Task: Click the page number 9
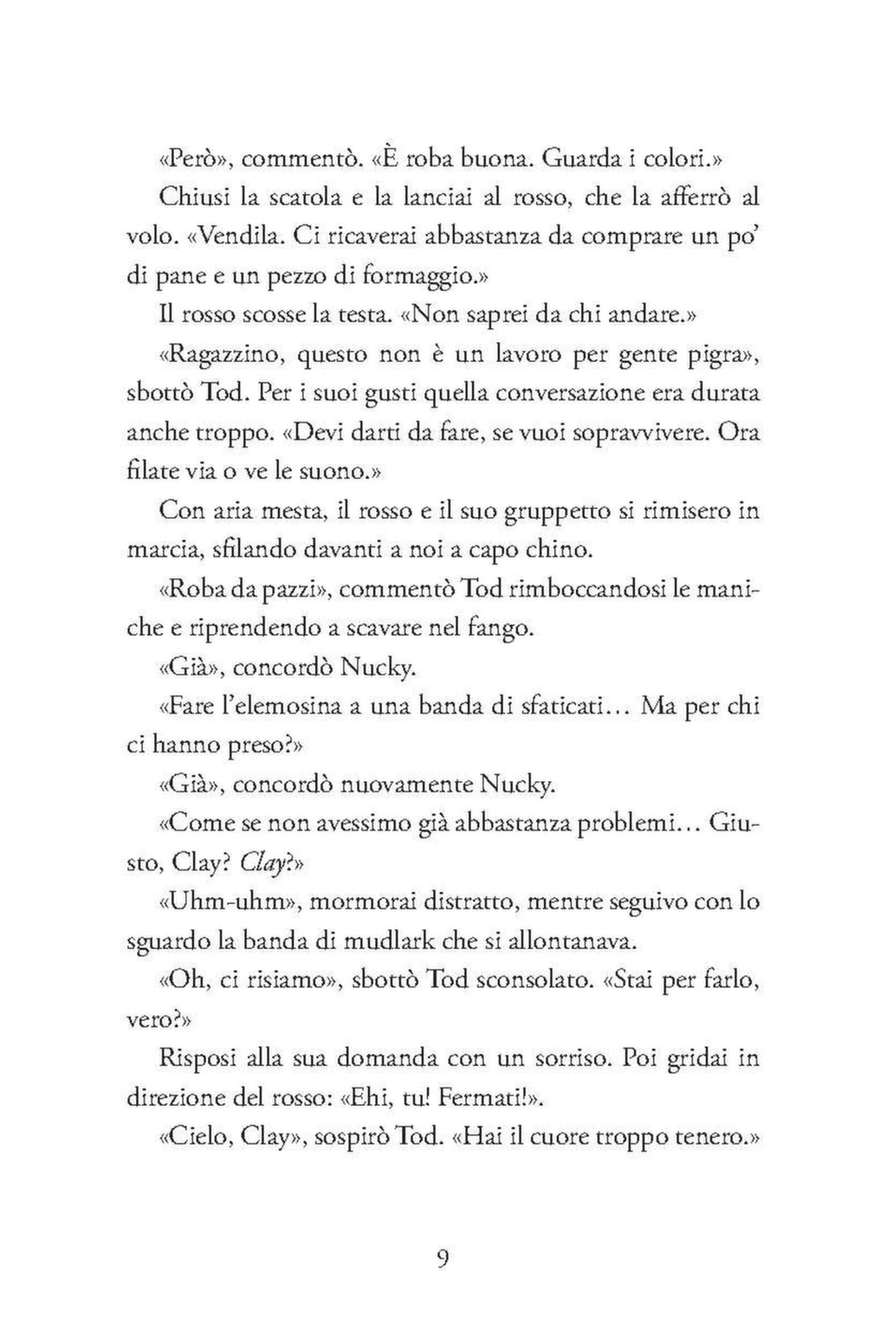click(442, 1257)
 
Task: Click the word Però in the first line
click(191, 159)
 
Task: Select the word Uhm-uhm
click(232, 901)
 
